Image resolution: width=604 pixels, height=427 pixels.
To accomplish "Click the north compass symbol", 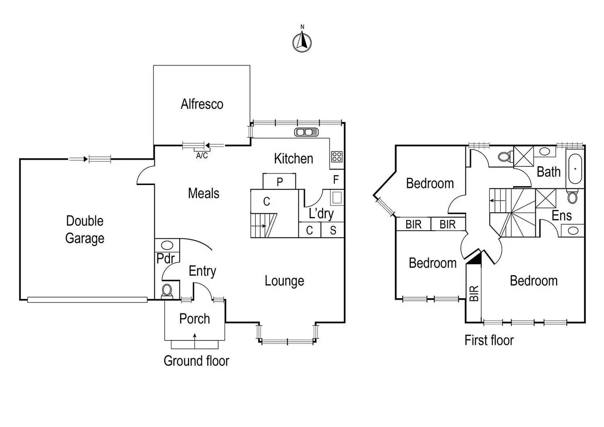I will [302, 42].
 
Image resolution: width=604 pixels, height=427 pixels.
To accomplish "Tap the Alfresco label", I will [202, 104].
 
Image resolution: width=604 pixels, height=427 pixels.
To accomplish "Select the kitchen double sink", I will [306, 132].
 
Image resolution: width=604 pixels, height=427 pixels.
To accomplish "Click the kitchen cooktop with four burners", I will [337, 156].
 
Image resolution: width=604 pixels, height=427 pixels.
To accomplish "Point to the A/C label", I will [202, 156].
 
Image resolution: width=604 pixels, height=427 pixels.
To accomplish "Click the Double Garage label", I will [85, 229].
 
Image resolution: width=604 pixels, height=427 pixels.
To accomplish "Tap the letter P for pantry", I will [279, 182].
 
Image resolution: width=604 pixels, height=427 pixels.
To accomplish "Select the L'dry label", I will [321, 213].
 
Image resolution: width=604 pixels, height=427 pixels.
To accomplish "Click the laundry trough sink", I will [337, 197].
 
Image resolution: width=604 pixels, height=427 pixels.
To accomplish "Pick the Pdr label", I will [166, 258].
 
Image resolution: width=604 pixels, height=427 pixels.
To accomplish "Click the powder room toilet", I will [167, 290].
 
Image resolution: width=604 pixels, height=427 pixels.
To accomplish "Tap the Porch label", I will [194, 319].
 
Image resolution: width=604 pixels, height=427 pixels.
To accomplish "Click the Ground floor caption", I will [196, 361].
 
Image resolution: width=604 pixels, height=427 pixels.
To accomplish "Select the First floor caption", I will [489, 340].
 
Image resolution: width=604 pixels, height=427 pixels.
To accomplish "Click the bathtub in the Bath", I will [575, 169].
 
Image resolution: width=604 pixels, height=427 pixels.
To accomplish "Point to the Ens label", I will [561, 215].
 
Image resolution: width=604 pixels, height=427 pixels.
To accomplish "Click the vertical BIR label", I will [474, 293].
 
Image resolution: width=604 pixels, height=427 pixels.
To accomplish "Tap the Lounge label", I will [284, 281].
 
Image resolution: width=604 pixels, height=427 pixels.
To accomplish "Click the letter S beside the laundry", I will [333, 231].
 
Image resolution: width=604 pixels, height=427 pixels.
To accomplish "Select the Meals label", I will [204, 193].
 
